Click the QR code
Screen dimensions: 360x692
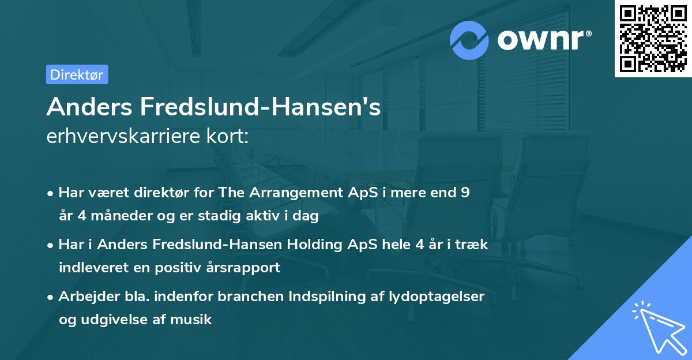click(x=653, y=39)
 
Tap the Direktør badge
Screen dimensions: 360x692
click(x=77, y=74)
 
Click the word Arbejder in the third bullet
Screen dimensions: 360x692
click(x=84, y=296)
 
